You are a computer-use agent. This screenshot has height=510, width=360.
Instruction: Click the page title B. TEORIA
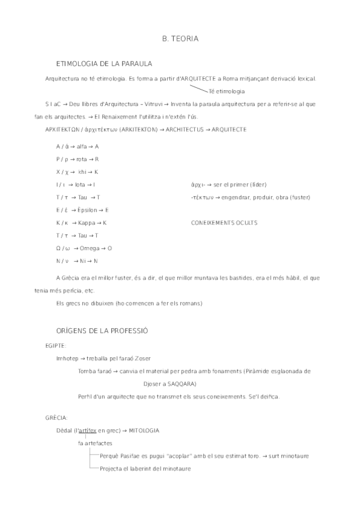point(180,38)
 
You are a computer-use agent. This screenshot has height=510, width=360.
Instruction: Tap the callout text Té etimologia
point(226,91)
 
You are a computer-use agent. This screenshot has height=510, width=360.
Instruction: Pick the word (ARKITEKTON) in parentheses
point(140,130)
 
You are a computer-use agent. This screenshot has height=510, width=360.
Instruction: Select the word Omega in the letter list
point(89,248)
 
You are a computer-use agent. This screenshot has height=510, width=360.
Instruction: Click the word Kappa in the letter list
point(88,223)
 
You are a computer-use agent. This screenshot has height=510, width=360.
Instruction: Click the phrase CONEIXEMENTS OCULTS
point(224,223)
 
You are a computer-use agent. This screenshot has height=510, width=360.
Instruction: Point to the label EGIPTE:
point(55,346)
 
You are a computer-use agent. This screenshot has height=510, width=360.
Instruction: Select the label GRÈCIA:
point(56,417)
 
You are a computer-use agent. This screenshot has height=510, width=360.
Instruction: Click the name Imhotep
point(67,358)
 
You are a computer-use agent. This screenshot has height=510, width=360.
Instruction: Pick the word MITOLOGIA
point(144,431)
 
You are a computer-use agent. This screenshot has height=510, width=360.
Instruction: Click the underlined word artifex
point(88,431)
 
